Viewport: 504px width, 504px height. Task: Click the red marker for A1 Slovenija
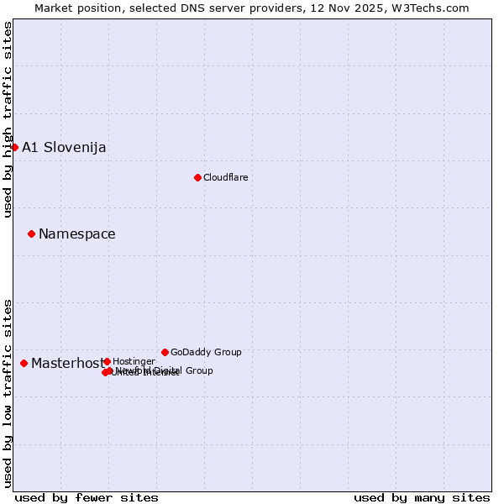coord(14,147)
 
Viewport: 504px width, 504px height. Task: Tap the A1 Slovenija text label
coord(64,148)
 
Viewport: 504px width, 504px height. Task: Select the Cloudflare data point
coord(197,177)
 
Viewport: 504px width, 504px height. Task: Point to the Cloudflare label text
coord(225,177)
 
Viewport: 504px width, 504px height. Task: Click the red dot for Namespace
coord(31,234)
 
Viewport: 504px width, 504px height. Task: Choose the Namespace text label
coord(77,234)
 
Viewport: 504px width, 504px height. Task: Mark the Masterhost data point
coord(24,363)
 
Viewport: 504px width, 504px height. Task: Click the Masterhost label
coord(67,364)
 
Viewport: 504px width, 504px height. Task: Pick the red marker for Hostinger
coord(107,361)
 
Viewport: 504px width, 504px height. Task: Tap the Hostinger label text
coord(134,361)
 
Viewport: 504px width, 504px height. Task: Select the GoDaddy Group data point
coord(165,352)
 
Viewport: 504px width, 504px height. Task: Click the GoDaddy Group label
coord(206,352)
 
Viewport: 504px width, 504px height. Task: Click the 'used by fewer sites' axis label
coord(87,497)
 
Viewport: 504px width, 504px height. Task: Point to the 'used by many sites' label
coord(422,497)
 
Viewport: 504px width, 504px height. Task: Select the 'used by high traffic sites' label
coord(8,120)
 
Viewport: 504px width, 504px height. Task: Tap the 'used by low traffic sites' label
coord(8,392)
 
